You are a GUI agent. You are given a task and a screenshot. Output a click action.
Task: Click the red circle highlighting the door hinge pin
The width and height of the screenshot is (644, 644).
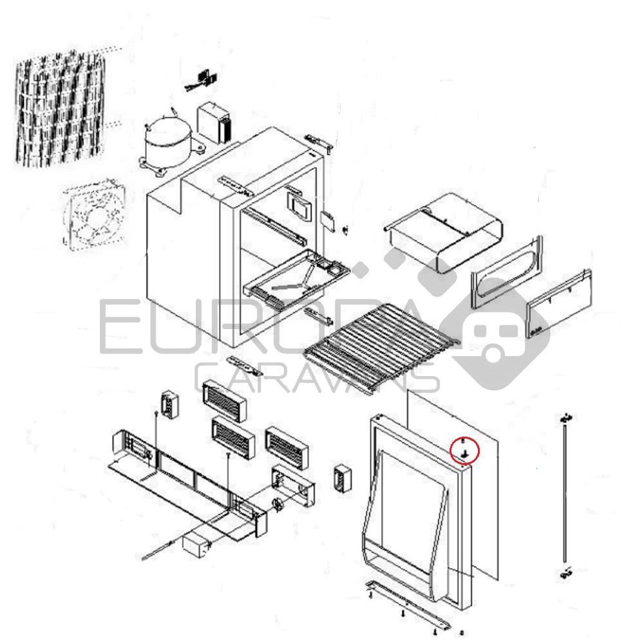point(464,451)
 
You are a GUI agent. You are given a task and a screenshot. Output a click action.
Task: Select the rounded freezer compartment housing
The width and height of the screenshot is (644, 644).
point(443,232)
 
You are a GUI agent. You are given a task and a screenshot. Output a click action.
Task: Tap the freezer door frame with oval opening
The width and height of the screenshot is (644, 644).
point(506,272)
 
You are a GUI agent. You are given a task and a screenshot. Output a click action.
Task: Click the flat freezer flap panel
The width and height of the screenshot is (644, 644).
point(559,303)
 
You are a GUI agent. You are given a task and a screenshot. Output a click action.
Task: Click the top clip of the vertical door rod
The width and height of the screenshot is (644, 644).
point(566,418)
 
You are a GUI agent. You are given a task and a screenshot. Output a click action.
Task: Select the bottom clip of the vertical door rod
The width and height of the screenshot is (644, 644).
point(566,573)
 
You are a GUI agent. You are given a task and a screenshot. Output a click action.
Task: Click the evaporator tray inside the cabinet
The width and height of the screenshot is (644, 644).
point(296,278)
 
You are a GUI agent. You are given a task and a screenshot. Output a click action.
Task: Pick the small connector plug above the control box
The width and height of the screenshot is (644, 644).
point(203,80)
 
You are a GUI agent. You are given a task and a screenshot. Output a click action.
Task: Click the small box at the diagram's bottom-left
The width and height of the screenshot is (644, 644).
point(194,545)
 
